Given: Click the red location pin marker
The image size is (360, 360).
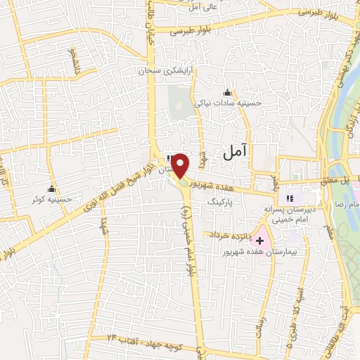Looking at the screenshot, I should tap(181, 165).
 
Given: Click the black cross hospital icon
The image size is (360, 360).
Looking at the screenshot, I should tap(259, 240).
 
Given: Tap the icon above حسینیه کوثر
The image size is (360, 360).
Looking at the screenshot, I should tap(51, 189).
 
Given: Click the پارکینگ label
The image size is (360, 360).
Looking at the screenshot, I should tap(222, 200).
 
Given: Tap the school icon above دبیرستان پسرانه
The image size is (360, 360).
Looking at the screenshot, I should tap(292, 199).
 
